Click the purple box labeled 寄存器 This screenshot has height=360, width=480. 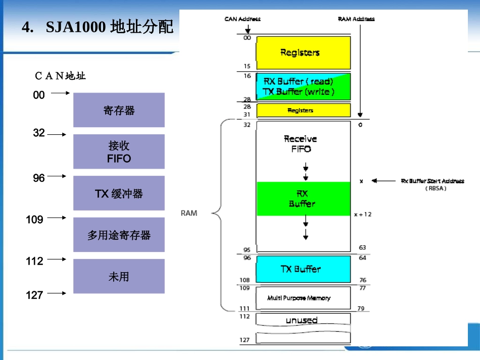pos(119,110)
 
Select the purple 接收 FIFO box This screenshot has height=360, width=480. pos(119,151)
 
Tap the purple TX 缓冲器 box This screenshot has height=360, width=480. pos(119,193)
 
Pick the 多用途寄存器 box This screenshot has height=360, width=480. pos(119,235)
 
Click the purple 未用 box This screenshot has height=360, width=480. pos(119,276)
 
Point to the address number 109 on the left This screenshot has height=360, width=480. pos(35,220)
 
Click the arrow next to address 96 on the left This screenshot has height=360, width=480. pos(59,176)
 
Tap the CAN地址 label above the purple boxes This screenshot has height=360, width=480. pos(60,76)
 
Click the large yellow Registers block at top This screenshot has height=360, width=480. pos(303,53)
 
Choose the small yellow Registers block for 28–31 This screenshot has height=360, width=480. pos(303,110)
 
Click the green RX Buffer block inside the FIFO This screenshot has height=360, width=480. pos(303,198)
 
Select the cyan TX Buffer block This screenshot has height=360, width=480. pos(303,269)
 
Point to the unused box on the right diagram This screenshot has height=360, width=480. pos(303,320)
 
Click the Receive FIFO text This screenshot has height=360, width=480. pos(301,144)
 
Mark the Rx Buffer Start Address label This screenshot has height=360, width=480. pos(432,184)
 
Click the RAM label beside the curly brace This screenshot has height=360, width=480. pos(189,213)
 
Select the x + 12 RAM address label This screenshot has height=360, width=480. pos(362,214)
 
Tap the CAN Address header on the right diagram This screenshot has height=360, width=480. pos(243,19)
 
